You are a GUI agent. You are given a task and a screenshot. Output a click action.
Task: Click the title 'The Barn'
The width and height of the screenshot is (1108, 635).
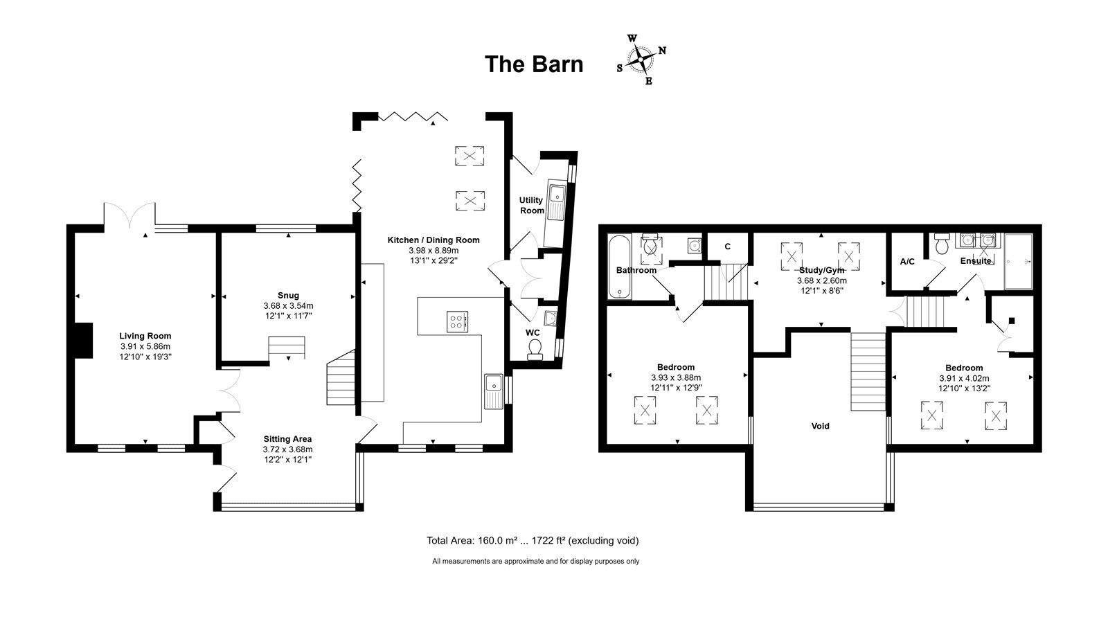pyautogui.click(x=534, y=64)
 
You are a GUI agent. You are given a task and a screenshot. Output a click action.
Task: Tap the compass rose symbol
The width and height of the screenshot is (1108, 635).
pyautogui.click(x=641, y=60)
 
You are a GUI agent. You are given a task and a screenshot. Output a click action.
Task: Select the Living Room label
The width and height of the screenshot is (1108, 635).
pyautogui.click(x=145, y=337)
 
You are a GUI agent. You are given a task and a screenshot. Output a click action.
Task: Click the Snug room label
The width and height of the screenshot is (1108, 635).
pyautogui.click(x=288, y=296)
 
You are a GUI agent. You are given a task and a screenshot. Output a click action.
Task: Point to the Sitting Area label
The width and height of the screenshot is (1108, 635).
pyautogui.click(x=287, y=439)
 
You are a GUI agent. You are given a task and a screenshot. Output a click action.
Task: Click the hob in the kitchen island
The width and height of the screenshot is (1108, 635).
pyautogui.click(x=457, y=321)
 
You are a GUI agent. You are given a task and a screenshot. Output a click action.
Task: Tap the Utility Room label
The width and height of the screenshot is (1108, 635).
pyautogui.click(x=531, y=205)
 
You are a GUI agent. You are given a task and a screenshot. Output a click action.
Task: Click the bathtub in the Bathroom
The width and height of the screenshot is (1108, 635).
pyautogui.click(x=619, y=267)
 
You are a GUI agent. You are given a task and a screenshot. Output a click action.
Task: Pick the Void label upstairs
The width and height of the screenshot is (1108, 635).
pyautogui.click(x=820, y=426)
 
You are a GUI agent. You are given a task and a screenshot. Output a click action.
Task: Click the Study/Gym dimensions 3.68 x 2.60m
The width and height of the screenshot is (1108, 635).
pyautogui.click(x=821, y=281)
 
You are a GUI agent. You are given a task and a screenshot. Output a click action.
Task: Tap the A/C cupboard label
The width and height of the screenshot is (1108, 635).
pyautogui.click(x=907, y=262)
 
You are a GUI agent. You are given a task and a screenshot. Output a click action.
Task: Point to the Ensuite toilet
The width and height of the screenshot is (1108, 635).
pyautogui.click(x=942, y=243)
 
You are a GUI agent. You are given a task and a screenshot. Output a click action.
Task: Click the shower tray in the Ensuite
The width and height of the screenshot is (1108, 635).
pyautogui.click(x=1019, y=261)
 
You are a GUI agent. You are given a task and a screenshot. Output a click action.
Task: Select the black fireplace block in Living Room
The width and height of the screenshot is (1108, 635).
pyautogui.click(x=84, y=340)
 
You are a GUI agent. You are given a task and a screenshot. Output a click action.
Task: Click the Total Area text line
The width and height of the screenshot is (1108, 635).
pyautogui.click(x=533, y=541)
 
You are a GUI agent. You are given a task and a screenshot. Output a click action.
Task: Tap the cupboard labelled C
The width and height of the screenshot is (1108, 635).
pyautogui.click(x=727, y=247)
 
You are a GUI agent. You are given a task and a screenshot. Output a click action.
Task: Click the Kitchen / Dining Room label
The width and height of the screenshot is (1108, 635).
pyautogui.click(x=434, y=240)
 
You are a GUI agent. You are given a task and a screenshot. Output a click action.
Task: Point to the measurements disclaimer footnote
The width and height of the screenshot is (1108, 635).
pyautogui.click(x=536, y=562)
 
